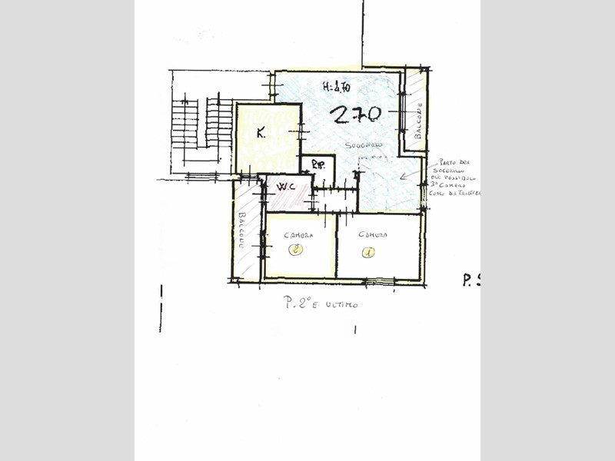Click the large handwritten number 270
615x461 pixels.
tap(356, 114)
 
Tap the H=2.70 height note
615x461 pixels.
tap(336, 87)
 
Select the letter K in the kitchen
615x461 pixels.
tap(261, 133)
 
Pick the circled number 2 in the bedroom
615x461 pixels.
tap(296, 249)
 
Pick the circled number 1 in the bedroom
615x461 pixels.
tap(368, 250)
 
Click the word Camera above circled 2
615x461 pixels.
tap(297, 235)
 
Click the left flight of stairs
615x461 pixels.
tap(184, 124)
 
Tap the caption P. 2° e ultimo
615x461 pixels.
tap(321, 303)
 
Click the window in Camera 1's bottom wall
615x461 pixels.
tap(379, 281)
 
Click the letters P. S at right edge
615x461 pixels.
tap(470, 280)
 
